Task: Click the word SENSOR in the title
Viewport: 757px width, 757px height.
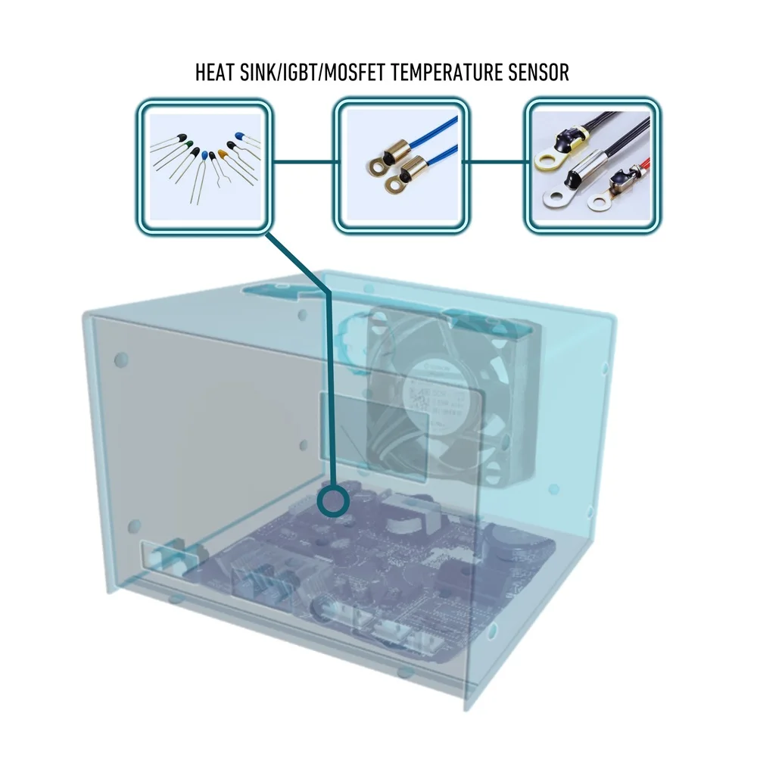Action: tap(540, 73)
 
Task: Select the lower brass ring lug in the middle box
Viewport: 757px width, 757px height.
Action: tap(394, 181)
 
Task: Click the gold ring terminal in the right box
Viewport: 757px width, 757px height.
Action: tap(544, 161)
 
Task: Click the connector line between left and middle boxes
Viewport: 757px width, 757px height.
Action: tap(303, 161)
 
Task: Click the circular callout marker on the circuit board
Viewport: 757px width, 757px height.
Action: tap(332, 501)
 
